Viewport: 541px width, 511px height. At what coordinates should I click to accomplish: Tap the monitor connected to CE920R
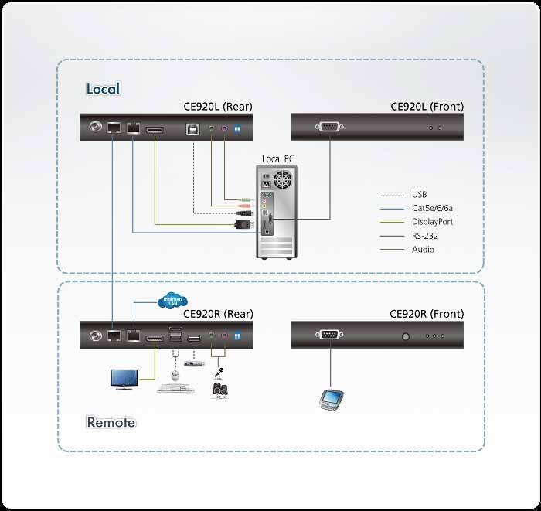tap(125, 379)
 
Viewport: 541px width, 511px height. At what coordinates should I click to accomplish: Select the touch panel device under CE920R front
tap(331, 398)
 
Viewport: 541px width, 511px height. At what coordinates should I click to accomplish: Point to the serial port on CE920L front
tap(329, 127)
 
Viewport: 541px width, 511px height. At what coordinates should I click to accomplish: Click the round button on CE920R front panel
tap(404, 336)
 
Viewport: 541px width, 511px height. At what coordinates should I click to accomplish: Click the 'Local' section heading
tap(103, 89)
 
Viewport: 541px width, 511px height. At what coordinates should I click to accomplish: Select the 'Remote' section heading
tap(111, 422)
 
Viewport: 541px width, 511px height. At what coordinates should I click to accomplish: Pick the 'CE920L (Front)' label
tap(427, 107)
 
